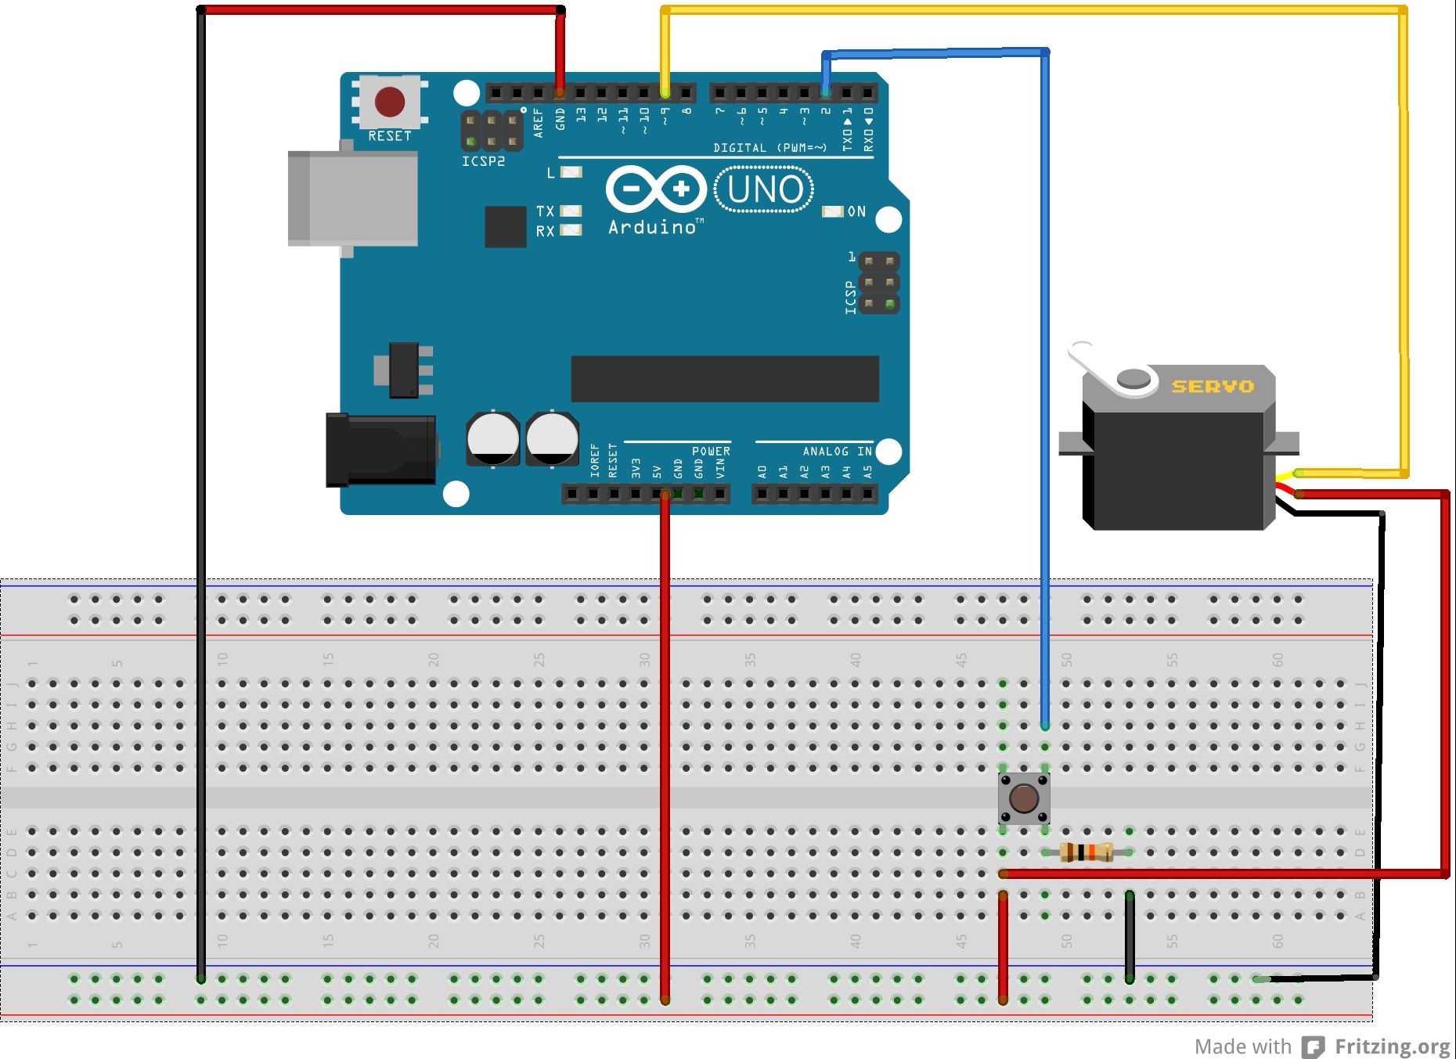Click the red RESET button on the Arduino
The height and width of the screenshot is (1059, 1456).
pyautogui.click(x=390, y=102)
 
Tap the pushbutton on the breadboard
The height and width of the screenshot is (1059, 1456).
pyautogui.click(x=1024, y=798)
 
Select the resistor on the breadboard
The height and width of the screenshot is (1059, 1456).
pyautogui.click(x=1087, y=852)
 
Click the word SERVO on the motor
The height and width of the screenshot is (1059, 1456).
pyautogui.click(x=1213, y=387)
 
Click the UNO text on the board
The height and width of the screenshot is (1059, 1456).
pyautogui.click(x=765, y=189)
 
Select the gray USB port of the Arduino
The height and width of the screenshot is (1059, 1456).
pyautogui.click(x=352, y=199)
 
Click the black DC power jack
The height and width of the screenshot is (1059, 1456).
pyautogui.click(x=381, y=450)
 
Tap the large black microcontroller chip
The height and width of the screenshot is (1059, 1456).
pyautogui.click(x=724, y=379)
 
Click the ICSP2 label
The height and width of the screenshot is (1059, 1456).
pyautogui.click(x=483, y=161)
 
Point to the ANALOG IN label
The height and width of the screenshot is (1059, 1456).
pyautogui.click(x=837, y=452)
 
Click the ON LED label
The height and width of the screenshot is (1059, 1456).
pyautogui.click(x=857, y=211)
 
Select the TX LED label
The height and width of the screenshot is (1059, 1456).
pyautogui.click(x=545, y=211)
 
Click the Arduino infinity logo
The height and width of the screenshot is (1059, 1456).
pyautogui.click(x=656, y=189)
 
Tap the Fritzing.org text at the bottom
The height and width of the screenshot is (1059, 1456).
pyautogui.click(x=1392, y=1046)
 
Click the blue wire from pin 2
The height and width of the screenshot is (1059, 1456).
pyautogui.click(x=1045, y=391)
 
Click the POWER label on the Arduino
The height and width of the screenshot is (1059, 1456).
pyautogui.click(x=711, y=452)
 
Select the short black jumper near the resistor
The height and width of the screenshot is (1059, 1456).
pyautogui.click(x=1130, y=935)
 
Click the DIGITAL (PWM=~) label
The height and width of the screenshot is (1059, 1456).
pyautogui.click(x=770, y=148)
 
